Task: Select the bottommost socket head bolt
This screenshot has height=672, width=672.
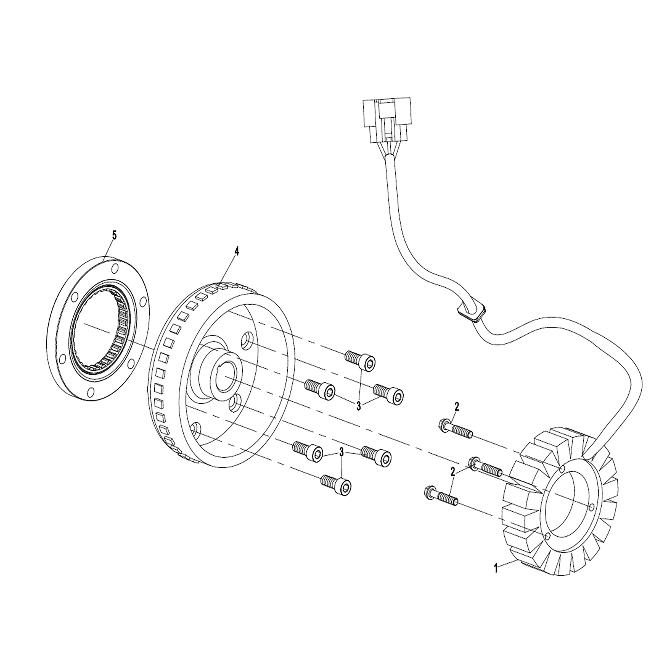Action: click(x=336, y=484)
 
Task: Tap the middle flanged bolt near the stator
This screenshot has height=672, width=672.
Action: click(x=486, y=467)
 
